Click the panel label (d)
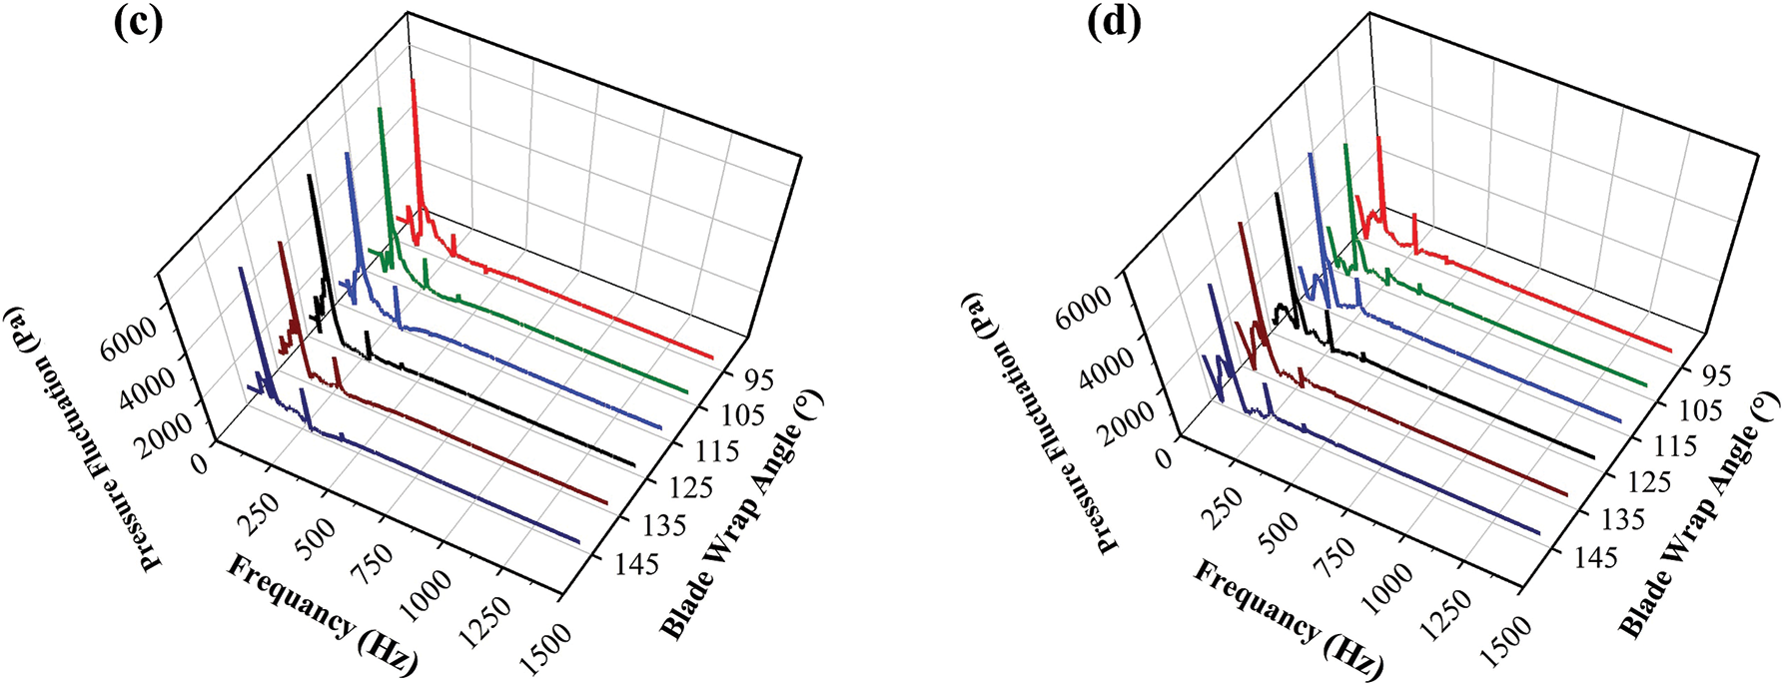click(x=1113, y=23)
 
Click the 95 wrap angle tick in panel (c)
click(x=758, y=380)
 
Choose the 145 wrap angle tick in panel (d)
click(x=1595, y=556)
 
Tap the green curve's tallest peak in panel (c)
click(x=379, y=108)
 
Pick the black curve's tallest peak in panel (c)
click(x=310, y=176)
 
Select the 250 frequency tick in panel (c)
click(x=259, y=518)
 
